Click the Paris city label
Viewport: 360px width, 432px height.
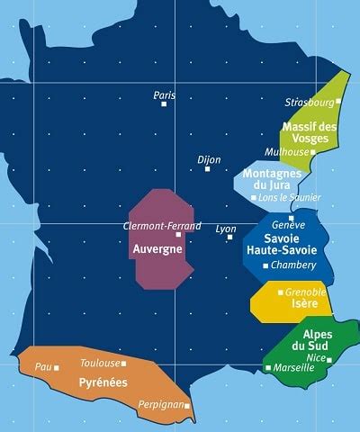pyautogui.click(x=164, y=94)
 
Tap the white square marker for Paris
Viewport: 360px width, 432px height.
pyautogui.click(x=164, y=104)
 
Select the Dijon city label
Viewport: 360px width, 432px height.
pyautogui.click(x=209, y=159)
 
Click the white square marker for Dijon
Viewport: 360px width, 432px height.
pyautogui.click(x=208, y=168)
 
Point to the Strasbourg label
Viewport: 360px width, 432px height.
pyautogui.click(x=308, y=102)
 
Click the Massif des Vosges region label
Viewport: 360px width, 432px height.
pyautogui.click(x=310, y=133)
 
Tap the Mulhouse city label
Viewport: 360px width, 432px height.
pyautogui.click(x=286, y=152)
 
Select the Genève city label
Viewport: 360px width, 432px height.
pyautogui.click(x=288, y=225)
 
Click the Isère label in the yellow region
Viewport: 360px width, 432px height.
pyautogui.click(x=304, y=304)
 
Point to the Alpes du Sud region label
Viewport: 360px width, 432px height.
pyautogui.click(x=310, y=340)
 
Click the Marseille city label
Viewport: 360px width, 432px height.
pyautogui.click(x=297, y=367)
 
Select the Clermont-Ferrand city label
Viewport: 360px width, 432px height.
pyautogui.click(x=162, y=226)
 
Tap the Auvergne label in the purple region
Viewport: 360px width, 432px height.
pyautogui.click(x=158, y=247)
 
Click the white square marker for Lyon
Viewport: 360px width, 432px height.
pyautogui.click(x=230, y=238)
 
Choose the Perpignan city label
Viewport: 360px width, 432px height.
pyautogui.click(x=161, y=405)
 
